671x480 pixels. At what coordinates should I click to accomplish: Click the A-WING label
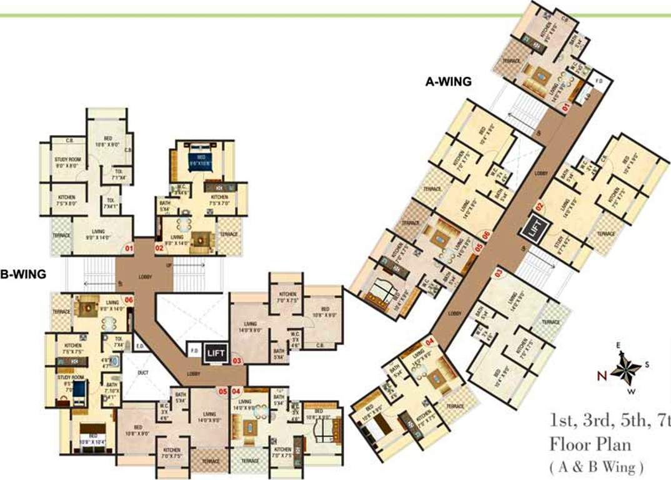(x=448, y=81)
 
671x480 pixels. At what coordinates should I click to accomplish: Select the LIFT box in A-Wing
(x=535, y=226)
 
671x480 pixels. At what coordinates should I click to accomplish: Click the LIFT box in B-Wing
(x=214, y=353)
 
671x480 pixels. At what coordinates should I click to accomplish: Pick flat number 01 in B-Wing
(x=130, y=249)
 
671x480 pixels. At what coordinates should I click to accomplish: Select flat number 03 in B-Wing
(x=237, y=361)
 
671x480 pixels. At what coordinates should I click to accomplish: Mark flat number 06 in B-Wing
(x=129, y=300)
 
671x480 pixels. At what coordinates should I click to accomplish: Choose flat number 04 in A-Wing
(x=430, y=342)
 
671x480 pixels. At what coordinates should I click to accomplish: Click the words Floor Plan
(x=590, y=445)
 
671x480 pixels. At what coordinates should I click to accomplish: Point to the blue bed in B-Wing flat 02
(x=201, y=156)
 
